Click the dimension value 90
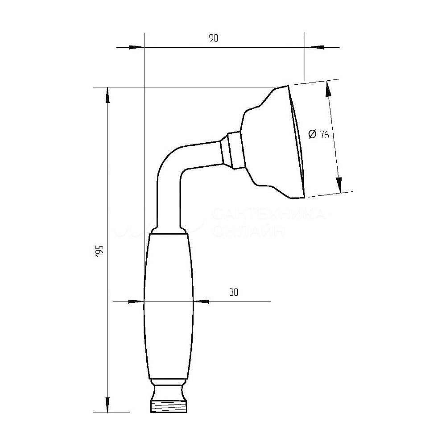(213, 38)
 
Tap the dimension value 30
(234, 293)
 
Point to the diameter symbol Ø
(312, 134)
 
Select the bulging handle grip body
(169, 308)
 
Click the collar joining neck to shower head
(232, 150)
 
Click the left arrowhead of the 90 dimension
(136, 47)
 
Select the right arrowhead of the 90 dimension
(315, 47)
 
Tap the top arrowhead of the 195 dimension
(107, 95)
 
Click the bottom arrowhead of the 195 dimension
(107, 404)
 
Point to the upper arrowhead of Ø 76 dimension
(329, 89)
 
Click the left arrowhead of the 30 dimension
(135, 302)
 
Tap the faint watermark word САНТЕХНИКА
(268, 215)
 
